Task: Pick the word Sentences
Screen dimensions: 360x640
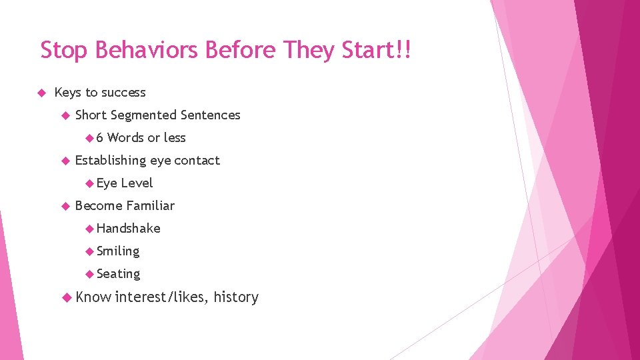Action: [x=210, y=115]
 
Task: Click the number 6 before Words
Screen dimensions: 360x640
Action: [x=100, y=138]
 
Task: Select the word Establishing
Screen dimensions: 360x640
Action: [x=111, y=161]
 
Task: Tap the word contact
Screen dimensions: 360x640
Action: [x=197, y=161]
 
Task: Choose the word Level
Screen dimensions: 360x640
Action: [x=137, y=183]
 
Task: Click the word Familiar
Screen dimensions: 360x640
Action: [x=150, y=206]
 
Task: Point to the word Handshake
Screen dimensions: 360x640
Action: [x=129, y=229]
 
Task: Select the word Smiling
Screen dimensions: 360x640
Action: [x=118, y=251]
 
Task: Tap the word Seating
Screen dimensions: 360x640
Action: [x=118, y=274]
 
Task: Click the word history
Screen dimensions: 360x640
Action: [x=236, y=297]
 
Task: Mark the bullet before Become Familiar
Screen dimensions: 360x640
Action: [x=65, y=206]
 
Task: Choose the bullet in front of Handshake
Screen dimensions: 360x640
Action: [x=89, y=229]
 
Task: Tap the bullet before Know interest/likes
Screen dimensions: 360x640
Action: [x=65, y=297]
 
